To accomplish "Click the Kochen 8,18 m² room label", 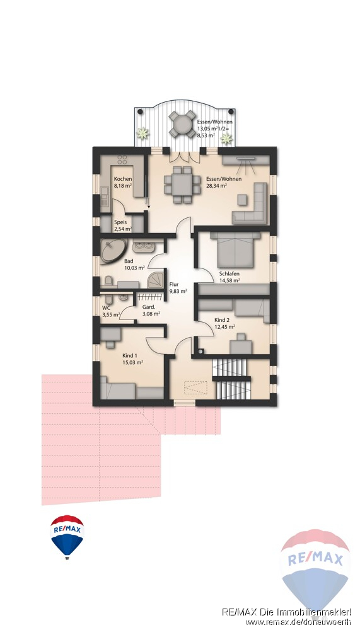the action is [123, 182].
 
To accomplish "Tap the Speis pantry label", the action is [123, 225].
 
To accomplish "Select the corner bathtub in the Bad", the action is [113, 251].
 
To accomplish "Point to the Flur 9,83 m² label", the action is [178, 288].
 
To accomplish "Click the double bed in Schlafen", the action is [235, 250].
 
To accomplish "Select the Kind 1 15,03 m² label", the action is [133, 358].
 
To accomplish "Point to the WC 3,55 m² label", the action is [110, 311].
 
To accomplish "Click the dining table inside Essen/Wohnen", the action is [182, 185].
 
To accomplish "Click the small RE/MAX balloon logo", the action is [67, 537].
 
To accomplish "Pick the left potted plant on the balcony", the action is [142, 133].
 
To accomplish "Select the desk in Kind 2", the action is [241, 345].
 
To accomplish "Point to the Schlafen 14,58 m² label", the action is [229, 277].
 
